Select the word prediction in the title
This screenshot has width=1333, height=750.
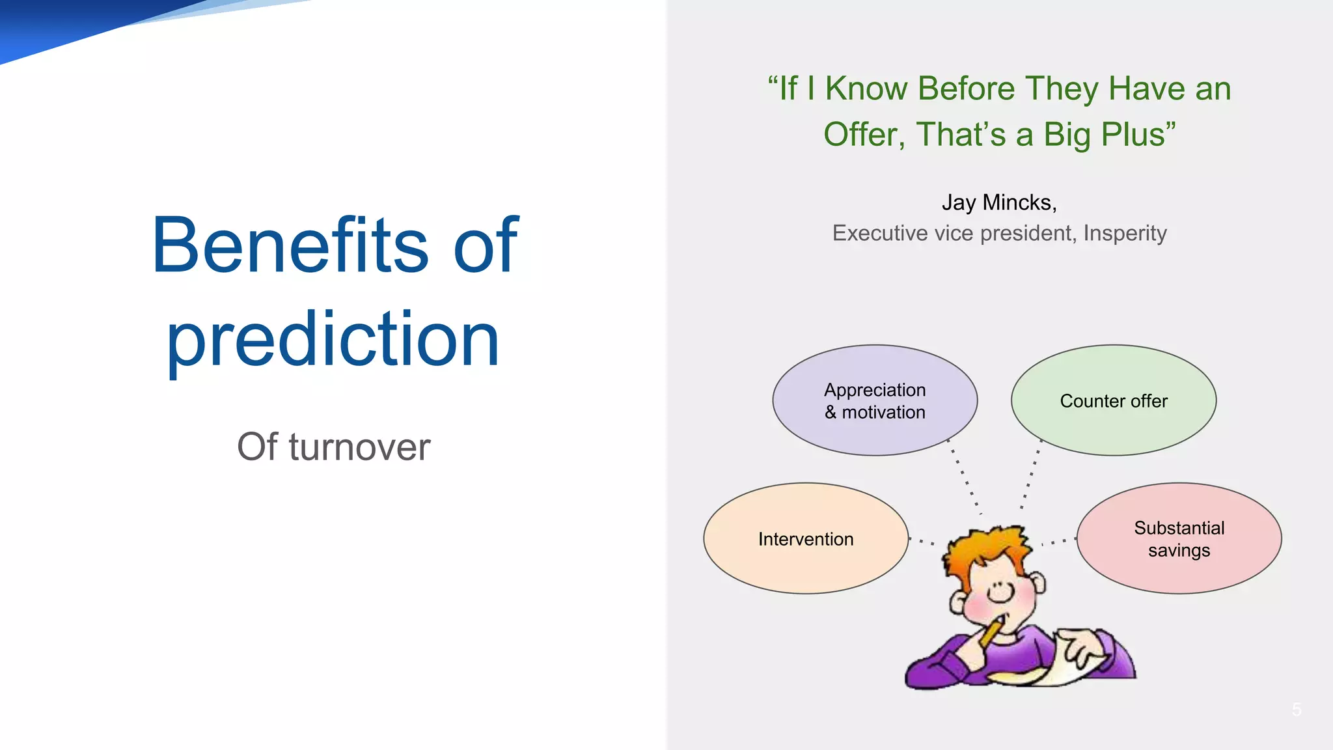333,340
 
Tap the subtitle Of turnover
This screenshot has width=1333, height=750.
333,447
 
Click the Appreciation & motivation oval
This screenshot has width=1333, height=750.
875,400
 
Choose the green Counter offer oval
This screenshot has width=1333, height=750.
1114,400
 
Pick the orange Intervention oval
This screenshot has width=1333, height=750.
806,538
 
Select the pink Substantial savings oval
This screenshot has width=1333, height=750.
1179,538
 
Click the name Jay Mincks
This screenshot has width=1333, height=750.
998,202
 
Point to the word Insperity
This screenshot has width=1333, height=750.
1125,233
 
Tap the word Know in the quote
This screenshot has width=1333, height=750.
866,89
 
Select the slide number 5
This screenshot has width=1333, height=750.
1297,710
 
